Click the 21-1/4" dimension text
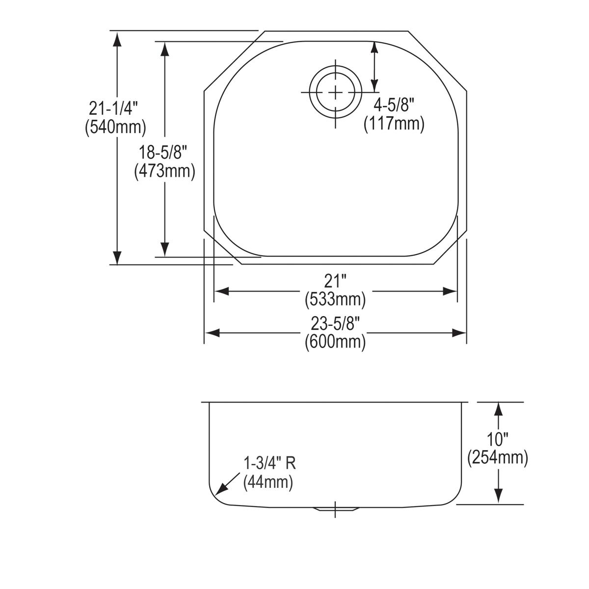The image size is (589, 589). coord(114,107)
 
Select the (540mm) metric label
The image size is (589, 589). coord(115,127)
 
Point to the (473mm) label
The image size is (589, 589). coord(165,171)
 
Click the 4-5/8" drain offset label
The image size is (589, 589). coord(394,104)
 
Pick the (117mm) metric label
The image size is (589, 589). coord(394,123)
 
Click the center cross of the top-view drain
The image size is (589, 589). coord(336,92)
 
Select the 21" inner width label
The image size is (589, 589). coord(335,281)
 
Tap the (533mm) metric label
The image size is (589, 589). coord(335,299)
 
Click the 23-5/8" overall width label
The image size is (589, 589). coord(335,323)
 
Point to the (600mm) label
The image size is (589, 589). coord(335,342)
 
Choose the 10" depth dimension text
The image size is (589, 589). coord(498,439)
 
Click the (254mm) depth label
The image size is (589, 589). coord(498,458)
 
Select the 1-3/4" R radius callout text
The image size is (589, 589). coord(269,463)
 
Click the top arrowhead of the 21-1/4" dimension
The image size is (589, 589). coord(117,39)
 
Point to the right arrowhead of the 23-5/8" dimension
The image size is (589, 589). coord(459,333)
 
